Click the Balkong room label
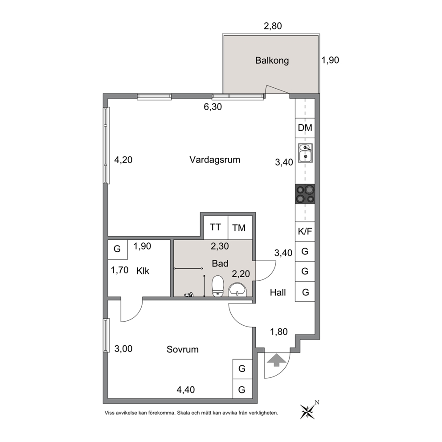click(272, 61)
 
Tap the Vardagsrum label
click(215, 160)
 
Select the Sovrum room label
click(183, 349)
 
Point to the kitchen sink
click(305, 153)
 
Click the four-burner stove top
click(305, 194)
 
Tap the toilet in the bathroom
click(217, 286)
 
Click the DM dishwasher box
click(305, 128)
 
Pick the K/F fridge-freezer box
click(305, 232)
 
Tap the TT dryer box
click(216, 228)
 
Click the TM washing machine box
click(240, 228)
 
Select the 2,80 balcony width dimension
click(273, 26)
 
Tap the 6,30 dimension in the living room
click(213, 107)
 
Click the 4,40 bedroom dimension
click(186, 390)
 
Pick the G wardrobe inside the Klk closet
click(118, 250)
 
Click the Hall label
click(278, 293)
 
